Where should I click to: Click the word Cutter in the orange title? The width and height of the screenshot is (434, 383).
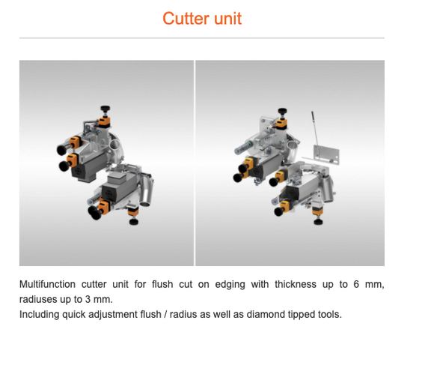coord(186,19)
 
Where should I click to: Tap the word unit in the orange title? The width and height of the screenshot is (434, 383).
coord(227,19)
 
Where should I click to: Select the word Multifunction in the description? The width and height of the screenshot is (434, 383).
coord(47,284)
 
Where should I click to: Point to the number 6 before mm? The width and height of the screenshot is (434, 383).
coord(356,284)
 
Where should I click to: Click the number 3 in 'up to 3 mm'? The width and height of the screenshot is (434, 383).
coord(88,299)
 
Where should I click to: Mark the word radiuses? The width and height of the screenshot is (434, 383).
coord(38,299)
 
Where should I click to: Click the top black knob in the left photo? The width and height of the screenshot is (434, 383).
coord(105,109)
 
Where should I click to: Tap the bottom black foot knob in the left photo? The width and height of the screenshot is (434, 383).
coord(134,222)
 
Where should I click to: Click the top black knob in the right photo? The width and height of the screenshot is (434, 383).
coord(282,112)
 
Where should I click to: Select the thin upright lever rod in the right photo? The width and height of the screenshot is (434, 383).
coord(315,133)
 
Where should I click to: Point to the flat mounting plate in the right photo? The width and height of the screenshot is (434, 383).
coord(326,154)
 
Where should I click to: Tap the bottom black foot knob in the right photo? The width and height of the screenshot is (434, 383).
coord(318,222)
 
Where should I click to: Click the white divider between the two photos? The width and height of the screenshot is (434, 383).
coord(195,163)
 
